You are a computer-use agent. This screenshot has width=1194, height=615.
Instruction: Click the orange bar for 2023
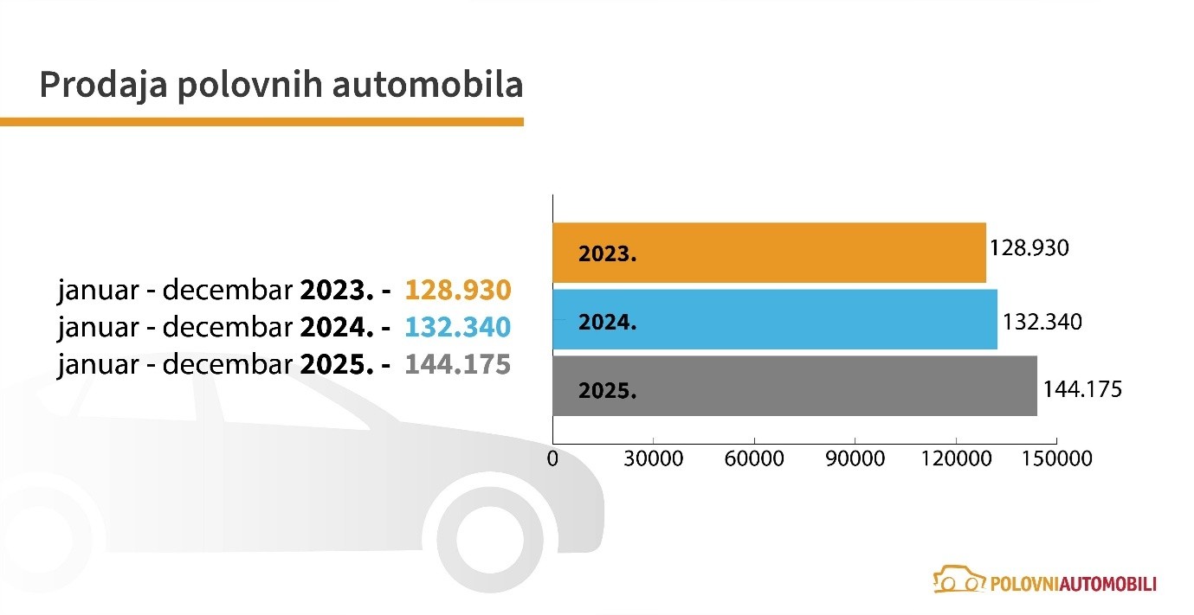click(x=769, y=253)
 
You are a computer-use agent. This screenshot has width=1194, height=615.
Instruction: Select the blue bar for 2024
click(x=775, y=319)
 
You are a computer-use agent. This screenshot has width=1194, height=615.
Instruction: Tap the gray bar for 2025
click(x=795, y=386)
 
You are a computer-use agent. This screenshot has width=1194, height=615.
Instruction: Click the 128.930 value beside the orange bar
click(x=1029, y=248)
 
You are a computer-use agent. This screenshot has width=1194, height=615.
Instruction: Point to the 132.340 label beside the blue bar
click(x=1042, y=323)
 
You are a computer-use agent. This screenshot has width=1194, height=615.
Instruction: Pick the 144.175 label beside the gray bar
click(x=1081, y=389)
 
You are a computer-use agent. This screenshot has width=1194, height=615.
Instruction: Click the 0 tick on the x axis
click(x=552, y=458)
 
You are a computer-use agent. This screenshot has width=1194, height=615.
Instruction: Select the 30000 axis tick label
click(x=654, y=458)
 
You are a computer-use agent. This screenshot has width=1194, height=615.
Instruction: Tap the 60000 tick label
click(x=754, y=458)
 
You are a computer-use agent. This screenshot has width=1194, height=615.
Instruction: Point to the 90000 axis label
click(x=855, y=458)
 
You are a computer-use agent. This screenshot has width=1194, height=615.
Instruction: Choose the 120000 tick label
click(x=956, y=458)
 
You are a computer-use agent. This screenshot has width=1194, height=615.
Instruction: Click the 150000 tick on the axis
click(x=1057, y=458)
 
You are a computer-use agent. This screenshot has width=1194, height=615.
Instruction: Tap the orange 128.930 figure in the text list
click(x=458, y=290)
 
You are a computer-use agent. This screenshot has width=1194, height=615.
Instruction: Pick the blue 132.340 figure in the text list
click(x=458, y=327)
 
